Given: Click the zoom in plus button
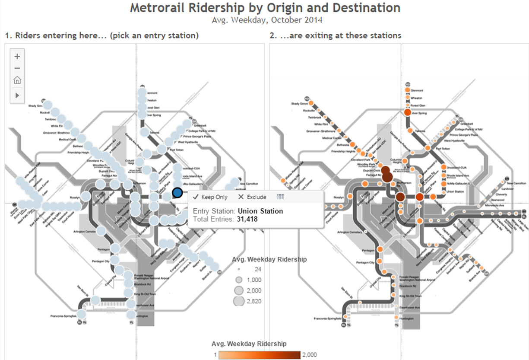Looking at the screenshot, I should (x=17, y=56).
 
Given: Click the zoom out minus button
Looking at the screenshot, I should (x=17, y=68).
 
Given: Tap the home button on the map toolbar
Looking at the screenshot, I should (x=17, y=80).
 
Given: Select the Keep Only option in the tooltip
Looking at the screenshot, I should (x=210, y=197).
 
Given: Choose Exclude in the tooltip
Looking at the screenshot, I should (x=252, y=197).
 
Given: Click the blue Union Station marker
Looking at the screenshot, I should (x=177, y=193).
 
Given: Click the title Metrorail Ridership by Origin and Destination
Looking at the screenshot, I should (x=265, y=8).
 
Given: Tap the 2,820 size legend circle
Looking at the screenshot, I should (x=239, y=301).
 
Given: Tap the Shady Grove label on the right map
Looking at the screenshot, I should (x=299, y=104).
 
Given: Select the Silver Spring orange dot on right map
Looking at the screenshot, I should (x=407, y=113).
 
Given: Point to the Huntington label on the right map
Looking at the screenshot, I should (x=406, y=319).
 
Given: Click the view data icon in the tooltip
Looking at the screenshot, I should (x=281, y=197).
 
